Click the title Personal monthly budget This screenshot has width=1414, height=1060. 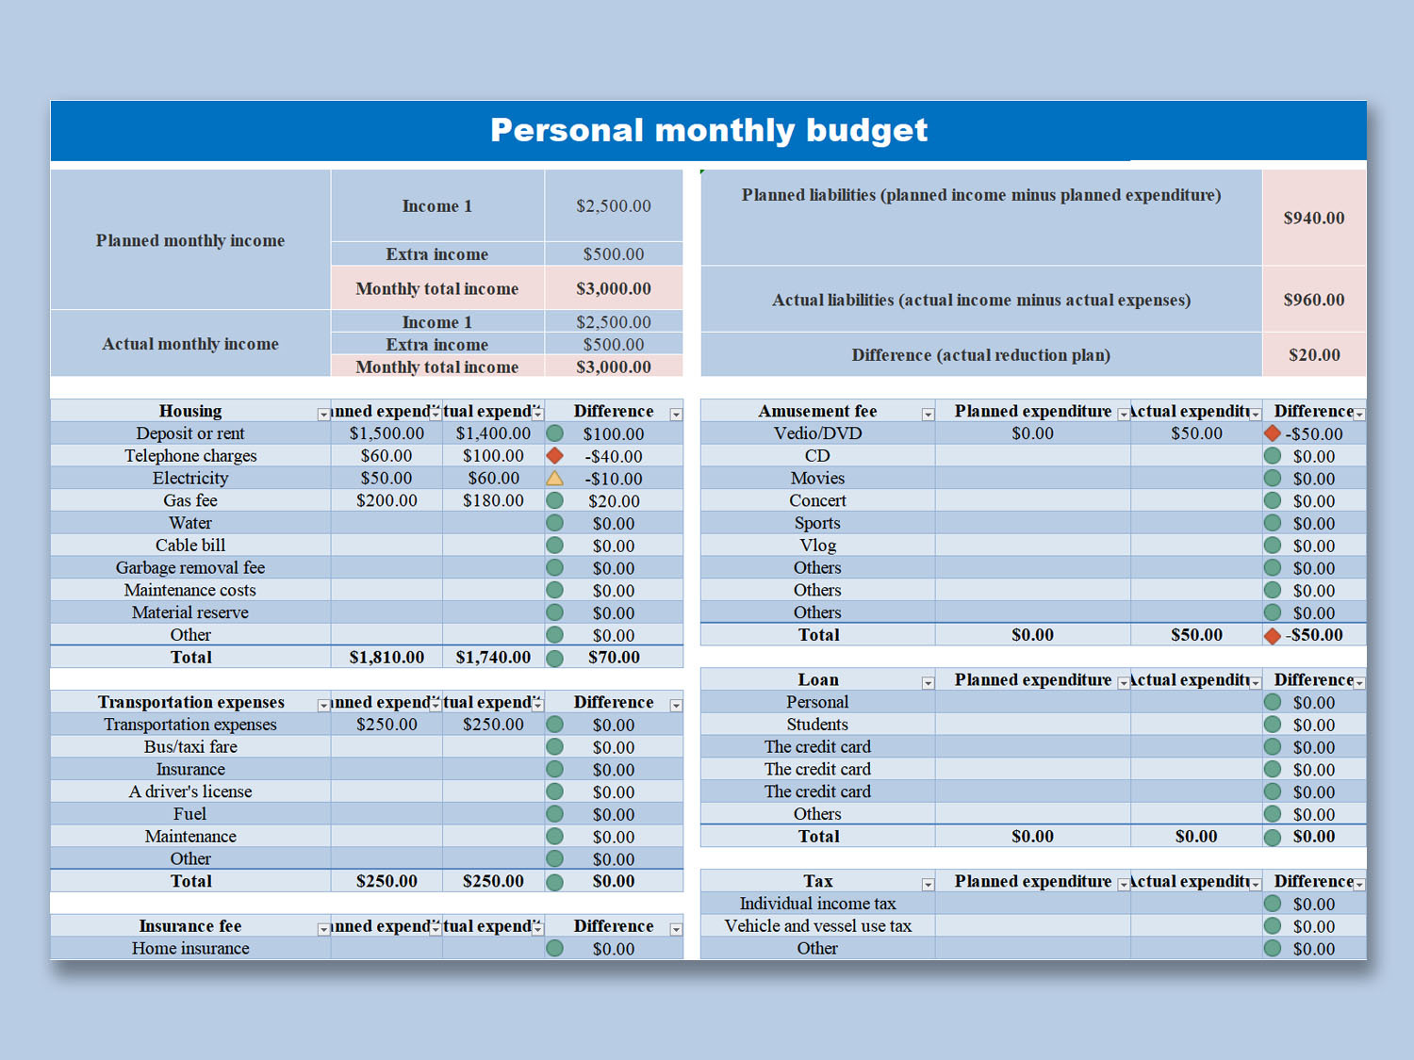point(708,130)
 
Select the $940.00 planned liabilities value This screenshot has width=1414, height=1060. point(1313,218)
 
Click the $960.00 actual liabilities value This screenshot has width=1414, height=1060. point(1313,300)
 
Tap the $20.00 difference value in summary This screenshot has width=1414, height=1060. point(1314,355)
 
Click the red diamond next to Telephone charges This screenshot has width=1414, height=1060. point(555,456)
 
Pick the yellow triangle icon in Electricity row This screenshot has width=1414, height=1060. point(555,479)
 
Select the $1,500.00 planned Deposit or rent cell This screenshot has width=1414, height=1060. point(386,433)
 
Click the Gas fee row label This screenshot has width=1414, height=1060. point(190,501)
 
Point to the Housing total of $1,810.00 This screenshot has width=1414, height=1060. point(386,658)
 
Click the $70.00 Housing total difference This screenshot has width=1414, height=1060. point(614,658)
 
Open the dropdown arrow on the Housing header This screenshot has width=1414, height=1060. point(323,414)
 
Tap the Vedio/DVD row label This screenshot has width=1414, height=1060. point(817,433)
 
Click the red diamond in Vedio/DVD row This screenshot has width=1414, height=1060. point(1273,433)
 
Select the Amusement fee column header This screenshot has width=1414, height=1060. point(817,411)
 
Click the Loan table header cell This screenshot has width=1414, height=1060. point(817,680)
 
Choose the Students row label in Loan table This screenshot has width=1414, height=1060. point(817,725)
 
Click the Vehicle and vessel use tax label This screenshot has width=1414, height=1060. point(817,926)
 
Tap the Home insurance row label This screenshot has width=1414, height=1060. point(190,949)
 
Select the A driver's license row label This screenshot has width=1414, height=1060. point(190,791)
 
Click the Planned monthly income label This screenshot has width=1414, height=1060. point(190,240)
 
